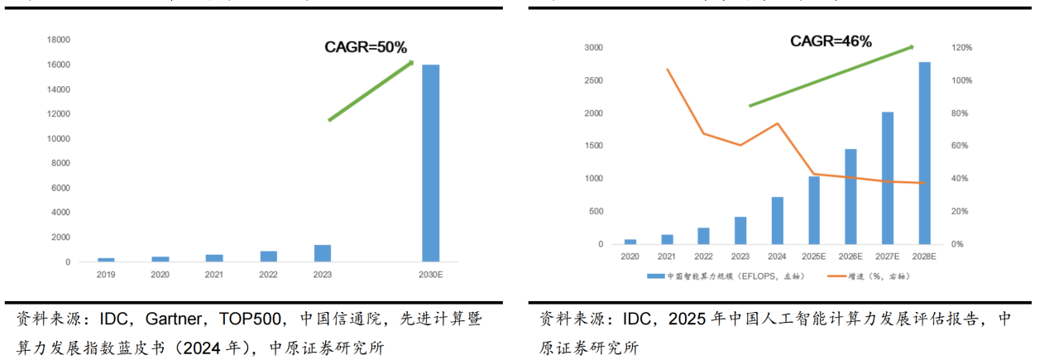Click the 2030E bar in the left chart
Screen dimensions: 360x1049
(x=430, y=163)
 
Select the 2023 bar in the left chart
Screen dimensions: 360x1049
(x=322, y=253)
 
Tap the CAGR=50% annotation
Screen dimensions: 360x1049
(x=365, y=47)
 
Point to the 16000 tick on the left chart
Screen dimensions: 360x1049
(x=59, y=65)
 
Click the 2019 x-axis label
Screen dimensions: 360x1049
(x=106, y=274)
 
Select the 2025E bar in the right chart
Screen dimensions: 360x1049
(x=813, y=210)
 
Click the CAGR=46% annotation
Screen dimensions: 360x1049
(x=830, y=41)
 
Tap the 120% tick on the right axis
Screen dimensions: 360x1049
(x=961, y=48)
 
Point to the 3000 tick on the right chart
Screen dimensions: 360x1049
(x=595, y=48)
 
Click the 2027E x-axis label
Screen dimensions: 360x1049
(x=887, y=257)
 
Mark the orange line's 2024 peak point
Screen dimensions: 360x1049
(x=778, y=123)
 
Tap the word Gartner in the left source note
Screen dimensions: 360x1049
(x=175, y=319)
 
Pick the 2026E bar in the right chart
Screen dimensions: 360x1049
(x=850, y=196)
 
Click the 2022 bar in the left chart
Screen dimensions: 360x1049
(x=268, y=257)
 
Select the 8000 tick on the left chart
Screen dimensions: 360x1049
(x=60, y=163)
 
